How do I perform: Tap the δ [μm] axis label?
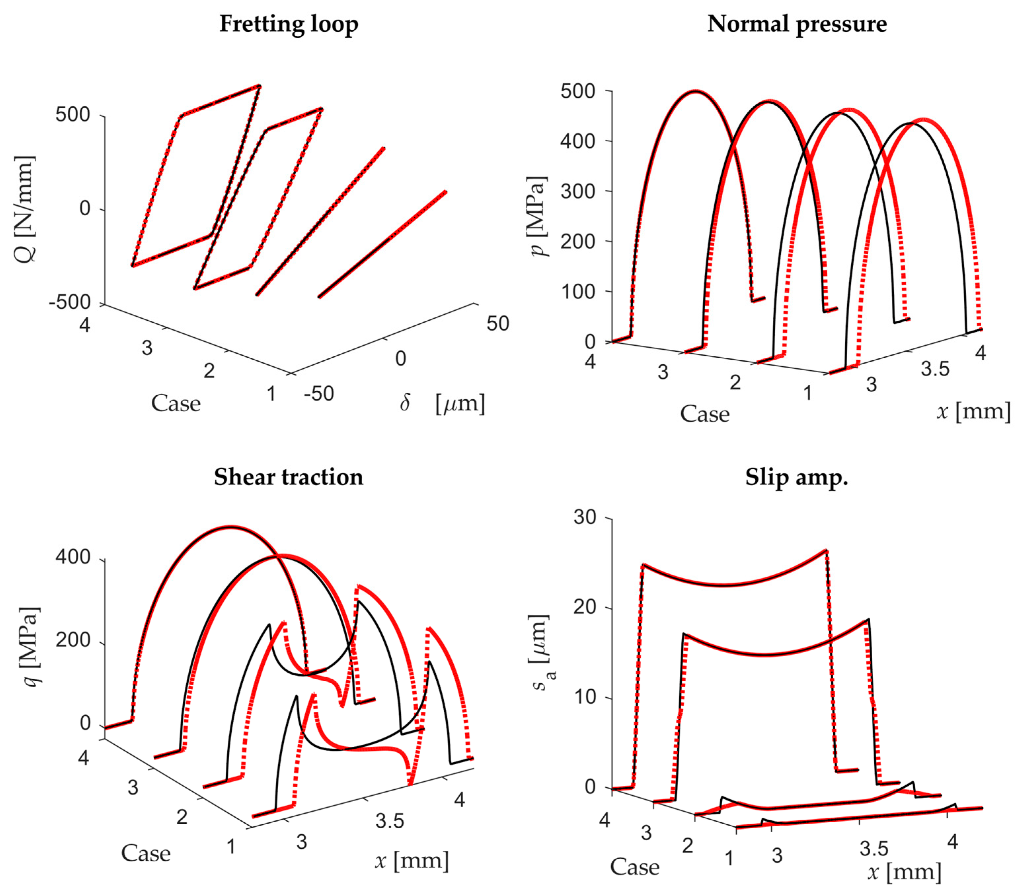(x=442, y=403)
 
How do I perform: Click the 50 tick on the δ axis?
(x=498, y=323)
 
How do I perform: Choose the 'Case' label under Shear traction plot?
(x=146, y=853)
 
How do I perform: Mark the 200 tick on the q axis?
(x=73, y=640)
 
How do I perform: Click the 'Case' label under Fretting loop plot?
(x=176, y=403)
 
